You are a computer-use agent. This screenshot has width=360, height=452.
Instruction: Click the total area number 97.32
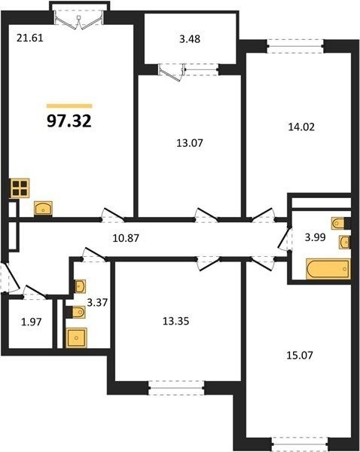point(69,121)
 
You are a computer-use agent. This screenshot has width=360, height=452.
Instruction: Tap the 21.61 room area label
point(30,38)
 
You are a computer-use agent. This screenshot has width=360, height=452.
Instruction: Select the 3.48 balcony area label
point(190,39)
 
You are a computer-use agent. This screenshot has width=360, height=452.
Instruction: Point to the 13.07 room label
point(190,142)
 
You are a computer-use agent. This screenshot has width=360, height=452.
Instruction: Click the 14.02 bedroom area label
point(301,127)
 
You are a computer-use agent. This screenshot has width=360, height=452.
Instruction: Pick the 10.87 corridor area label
point(126,238)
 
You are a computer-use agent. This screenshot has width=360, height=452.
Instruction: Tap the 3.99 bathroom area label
point(316,237)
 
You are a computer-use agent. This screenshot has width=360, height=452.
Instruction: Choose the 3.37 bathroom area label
point(97,302)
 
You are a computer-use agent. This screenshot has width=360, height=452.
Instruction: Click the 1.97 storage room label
point(32,322)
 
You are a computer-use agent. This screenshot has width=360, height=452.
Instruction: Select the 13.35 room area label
point(175,321)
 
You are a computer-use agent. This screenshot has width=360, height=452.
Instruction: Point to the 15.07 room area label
point(300,355)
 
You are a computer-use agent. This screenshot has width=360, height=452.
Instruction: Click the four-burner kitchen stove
point(20,188)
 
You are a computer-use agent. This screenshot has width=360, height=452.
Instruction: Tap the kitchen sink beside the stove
point(43,208)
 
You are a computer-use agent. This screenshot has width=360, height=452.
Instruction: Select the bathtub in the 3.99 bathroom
point(328,269)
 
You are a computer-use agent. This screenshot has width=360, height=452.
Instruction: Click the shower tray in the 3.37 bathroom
point(76,337)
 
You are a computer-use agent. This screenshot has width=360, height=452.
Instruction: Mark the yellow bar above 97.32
point(69,105)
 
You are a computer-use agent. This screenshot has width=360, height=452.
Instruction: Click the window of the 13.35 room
point(176,388)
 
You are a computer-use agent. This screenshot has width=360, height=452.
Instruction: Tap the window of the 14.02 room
point(295,46)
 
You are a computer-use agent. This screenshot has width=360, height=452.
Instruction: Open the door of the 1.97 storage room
point(35,292)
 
